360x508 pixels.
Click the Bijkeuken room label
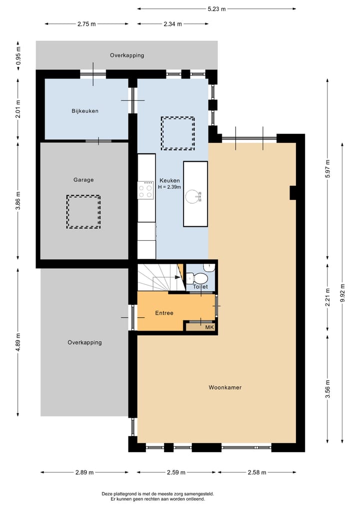(x=84, y=111)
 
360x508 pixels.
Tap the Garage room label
(x=83, y=180)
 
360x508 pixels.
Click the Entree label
(x=164, y=313)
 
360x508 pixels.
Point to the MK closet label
(x=209, y=328)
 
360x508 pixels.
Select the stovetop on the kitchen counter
(x=146, y=190)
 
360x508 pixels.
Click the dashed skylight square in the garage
(x=83, y=212)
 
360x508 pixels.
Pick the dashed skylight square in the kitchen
(x=177, y=133)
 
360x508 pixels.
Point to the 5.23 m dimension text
(x=216, y=9)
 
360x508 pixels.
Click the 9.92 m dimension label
(x=342, y=293)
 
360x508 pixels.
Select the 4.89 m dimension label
(x=18, y=343)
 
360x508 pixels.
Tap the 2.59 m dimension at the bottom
(x=176, y=473)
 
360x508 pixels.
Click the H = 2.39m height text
(x=169, y=187)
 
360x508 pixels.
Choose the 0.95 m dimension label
(x=18, y=55)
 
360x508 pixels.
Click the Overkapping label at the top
(x=127, y=55)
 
